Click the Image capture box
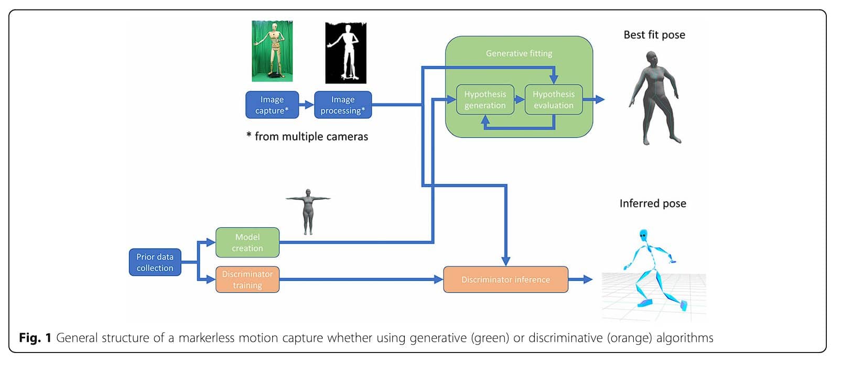coord(272,105)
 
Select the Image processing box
coord(342,105)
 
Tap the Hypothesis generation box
coord(485,100)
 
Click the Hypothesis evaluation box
coord(554,100)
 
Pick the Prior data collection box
coord(155,262)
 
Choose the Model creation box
coord(247,243)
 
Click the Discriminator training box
coord(247,279)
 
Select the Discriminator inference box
coord(505,279)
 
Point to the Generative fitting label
coord(519,53)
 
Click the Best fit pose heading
coord(654,35)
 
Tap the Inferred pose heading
coord(652,203)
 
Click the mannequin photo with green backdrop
coord(272,51)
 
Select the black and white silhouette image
coord(346,52)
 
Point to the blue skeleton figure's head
coord(643,235)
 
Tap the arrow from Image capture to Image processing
coord(306,105)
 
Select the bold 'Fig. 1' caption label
coord(35,338)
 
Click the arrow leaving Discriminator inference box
coord(580,279)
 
